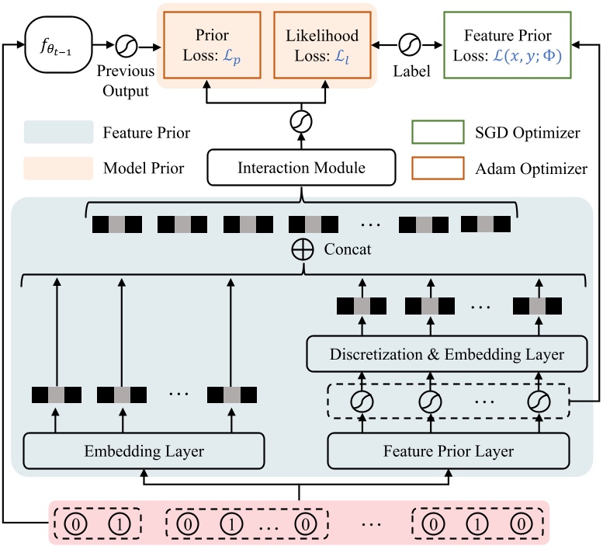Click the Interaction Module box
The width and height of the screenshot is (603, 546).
tap(301, 168)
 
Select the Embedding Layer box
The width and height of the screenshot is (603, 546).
tap(144, 450)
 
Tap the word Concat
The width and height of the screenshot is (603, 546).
tap(348, 250)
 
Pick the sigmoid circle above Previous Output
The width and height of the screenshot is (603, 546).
tap(126, 47)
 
